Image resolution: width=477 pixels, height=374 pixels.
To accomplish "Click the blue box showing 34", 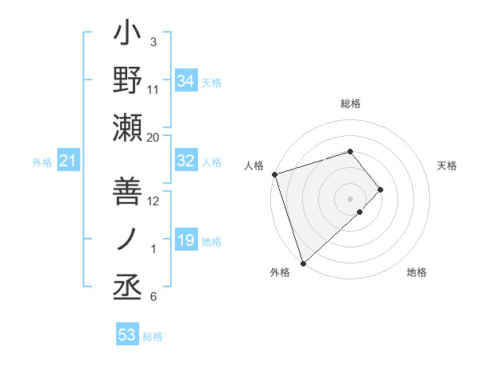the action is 185,81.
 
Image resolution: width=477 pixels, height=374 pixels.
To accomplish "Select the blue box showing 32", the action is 185,161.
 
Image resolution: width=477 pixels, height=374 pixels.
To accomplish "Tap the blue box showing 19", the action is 185,240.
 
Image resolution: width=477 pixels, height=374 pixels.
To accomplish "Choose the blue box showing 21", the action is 68,162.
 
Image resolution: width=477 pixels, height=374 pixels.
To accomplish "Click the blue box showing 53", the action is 126,335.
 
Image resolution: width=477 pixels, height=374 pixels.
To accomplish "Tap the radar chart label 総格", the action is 351,103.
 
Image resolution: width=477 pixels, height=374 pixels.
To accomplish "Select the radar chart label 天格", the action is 447,166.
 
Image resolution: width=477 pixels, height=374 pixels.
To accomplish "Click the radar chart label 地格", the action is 417,272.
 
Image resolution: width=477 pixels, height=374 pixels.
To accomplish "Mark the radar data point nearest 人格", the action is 274,173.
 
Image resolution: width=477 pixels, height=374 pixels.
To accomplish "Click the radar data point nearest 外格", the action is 303,263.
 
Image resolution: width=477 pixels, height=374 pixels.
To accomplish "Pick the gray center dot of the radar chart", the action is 350,198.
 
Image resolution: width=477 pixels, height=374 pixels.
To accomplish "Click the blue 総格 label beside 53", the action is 153,336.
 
